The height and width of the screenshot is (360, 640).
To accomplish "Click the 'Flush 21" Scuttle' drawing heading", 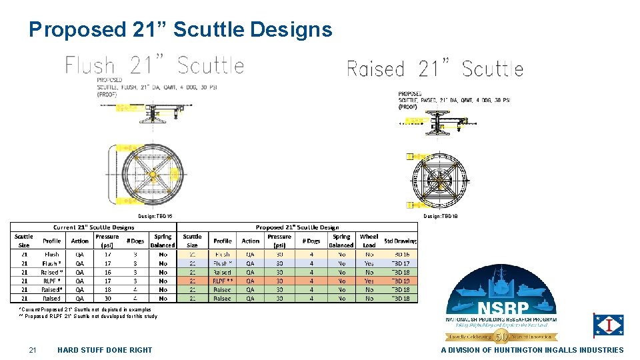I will coord(154,65).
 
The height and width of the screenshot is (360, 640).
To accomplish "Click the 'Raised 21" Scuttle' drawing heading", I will coord(435,69).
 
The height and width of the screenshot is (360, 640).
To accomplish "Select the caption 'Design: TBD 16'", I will coord(155,217).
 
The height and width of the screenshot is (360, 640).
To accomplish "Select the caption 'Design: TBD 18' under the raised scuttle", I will coord(440,217).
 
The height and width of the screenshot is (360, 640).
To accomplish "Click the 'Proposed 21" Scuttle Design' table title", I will coord(297,227).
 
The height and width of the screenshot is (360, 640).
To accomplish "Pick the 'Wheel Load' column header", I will coord(369,241).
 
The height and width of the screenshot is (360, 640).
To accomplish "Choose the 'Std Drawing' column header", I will coord(401,241).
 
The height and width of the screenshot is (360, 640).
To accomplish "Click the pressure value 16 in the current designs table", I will coord(107,272).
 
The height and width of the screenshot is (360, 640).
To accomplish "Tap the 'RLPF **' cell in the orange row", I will coord(222,281).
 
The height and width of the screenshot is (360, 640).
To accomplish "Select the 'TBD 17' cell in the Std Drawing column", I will coord(401,263).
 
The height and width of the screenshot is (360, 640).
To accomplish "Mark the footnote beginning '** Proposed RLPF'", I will coord(88,317).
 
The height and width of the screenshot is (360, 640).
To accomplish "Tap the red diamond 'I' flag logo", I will coord(609,325).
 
